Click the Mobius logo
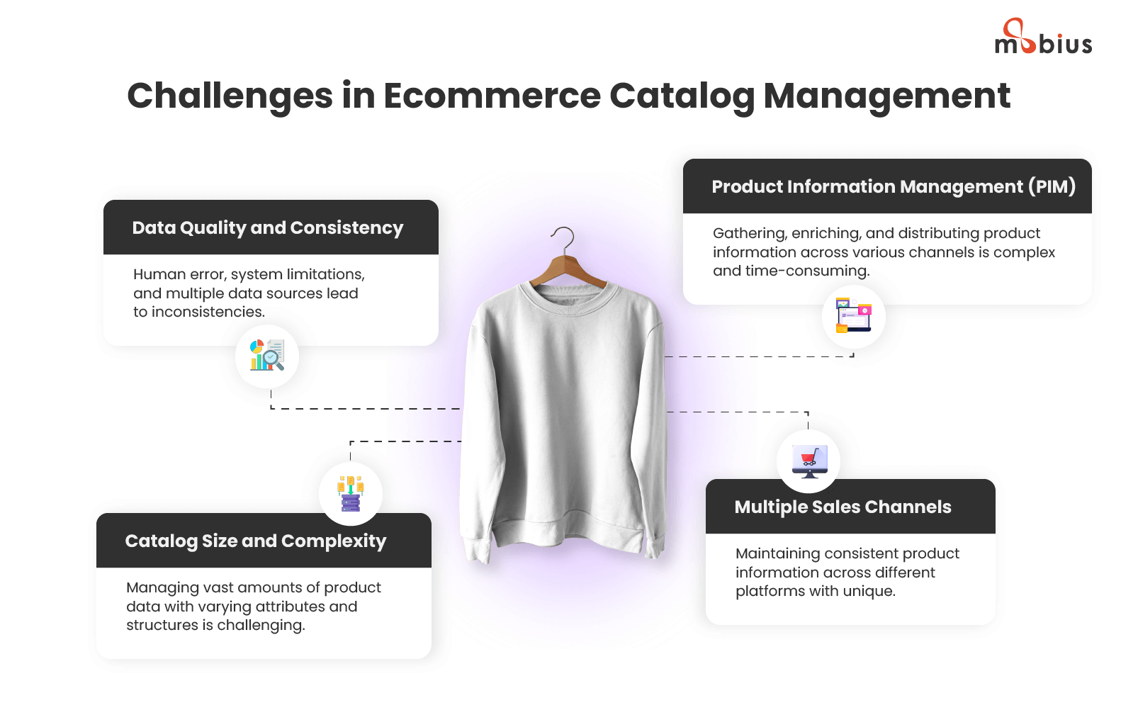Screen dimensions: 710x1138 tap(1043, 38)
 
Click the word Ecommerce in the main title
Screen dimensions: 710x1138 tap(492, 96)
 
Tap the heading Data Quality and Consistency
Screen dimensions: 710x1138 tap(267, 228)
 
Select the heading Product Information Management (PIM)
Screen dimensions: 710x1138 tap(894, 187)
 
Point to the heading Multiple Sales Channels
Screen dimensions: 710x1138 tap(843, 507)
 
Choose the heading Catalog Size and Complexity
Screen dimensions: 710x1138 tap(256, 541)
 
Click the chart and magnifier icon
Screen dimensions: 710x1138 tap(267, 356)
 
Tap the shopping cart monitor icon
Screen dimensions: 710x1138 tap(809, 461)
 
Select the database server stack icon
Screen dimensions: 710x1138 tap(351, 494)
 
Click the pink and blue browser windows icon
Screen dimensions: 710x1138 tap(853, 316)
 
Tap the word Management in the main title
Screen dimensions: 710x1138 tap(886, 96)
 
